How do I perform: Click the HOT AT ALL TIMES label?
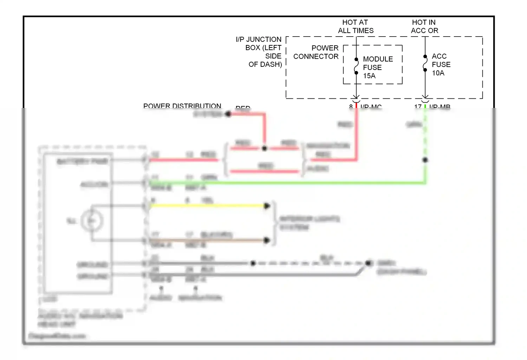coord(356,26)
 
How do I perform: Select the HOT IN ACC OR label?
coord(424,26)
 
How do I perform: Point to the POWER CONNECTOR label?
coord(316,52)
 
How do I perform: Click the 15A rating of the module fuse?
coord(369,76)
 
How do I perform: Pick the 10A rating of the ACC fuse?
coord(438,73)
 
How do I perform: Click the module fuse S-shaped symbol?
coord(356,66)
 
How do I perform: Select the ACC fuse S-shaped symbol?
coord(425,63)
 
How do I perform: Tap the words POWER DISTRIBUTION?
coord(182,105)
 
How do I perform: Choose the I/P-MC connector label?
coord(371,106)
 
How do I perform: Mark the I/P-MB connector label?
coord(440,106)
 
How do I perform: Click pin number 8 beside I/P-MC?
coord(351,106)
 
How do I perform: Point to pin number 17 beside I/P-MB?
coord(418,106)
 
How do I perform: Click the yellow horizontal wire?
coord(207,206)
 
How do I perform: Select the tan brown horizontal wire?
coord(207,240)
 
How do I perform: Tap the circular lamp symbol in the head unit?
coord(92,221)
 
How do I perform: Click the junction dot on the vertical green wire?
coord(425,160)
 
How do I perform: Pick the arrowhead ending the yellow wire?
coord(267,206)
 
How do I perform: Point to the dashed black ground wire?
coord(309,263)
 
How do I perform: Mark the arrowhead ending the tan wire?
coord(267,240)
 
